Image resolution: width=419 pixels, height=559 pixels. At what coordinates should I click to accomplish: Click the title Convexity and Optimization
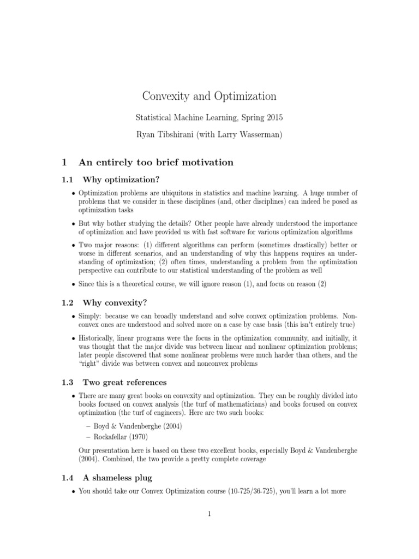click(209, 96)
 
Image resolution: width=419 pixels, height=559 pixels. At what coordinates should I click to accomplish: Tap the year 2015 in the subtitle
click(272, 117)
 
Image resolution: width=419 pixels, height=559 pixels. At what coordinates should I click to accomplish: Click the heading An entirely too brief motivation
click(156, 162)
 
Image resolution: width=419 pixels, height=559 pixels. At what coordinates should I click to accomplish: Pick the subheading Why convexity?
click(115, 302)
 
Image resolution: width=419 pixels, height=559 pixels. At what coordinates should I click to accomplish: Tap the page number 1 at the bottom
click(209, 528)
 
